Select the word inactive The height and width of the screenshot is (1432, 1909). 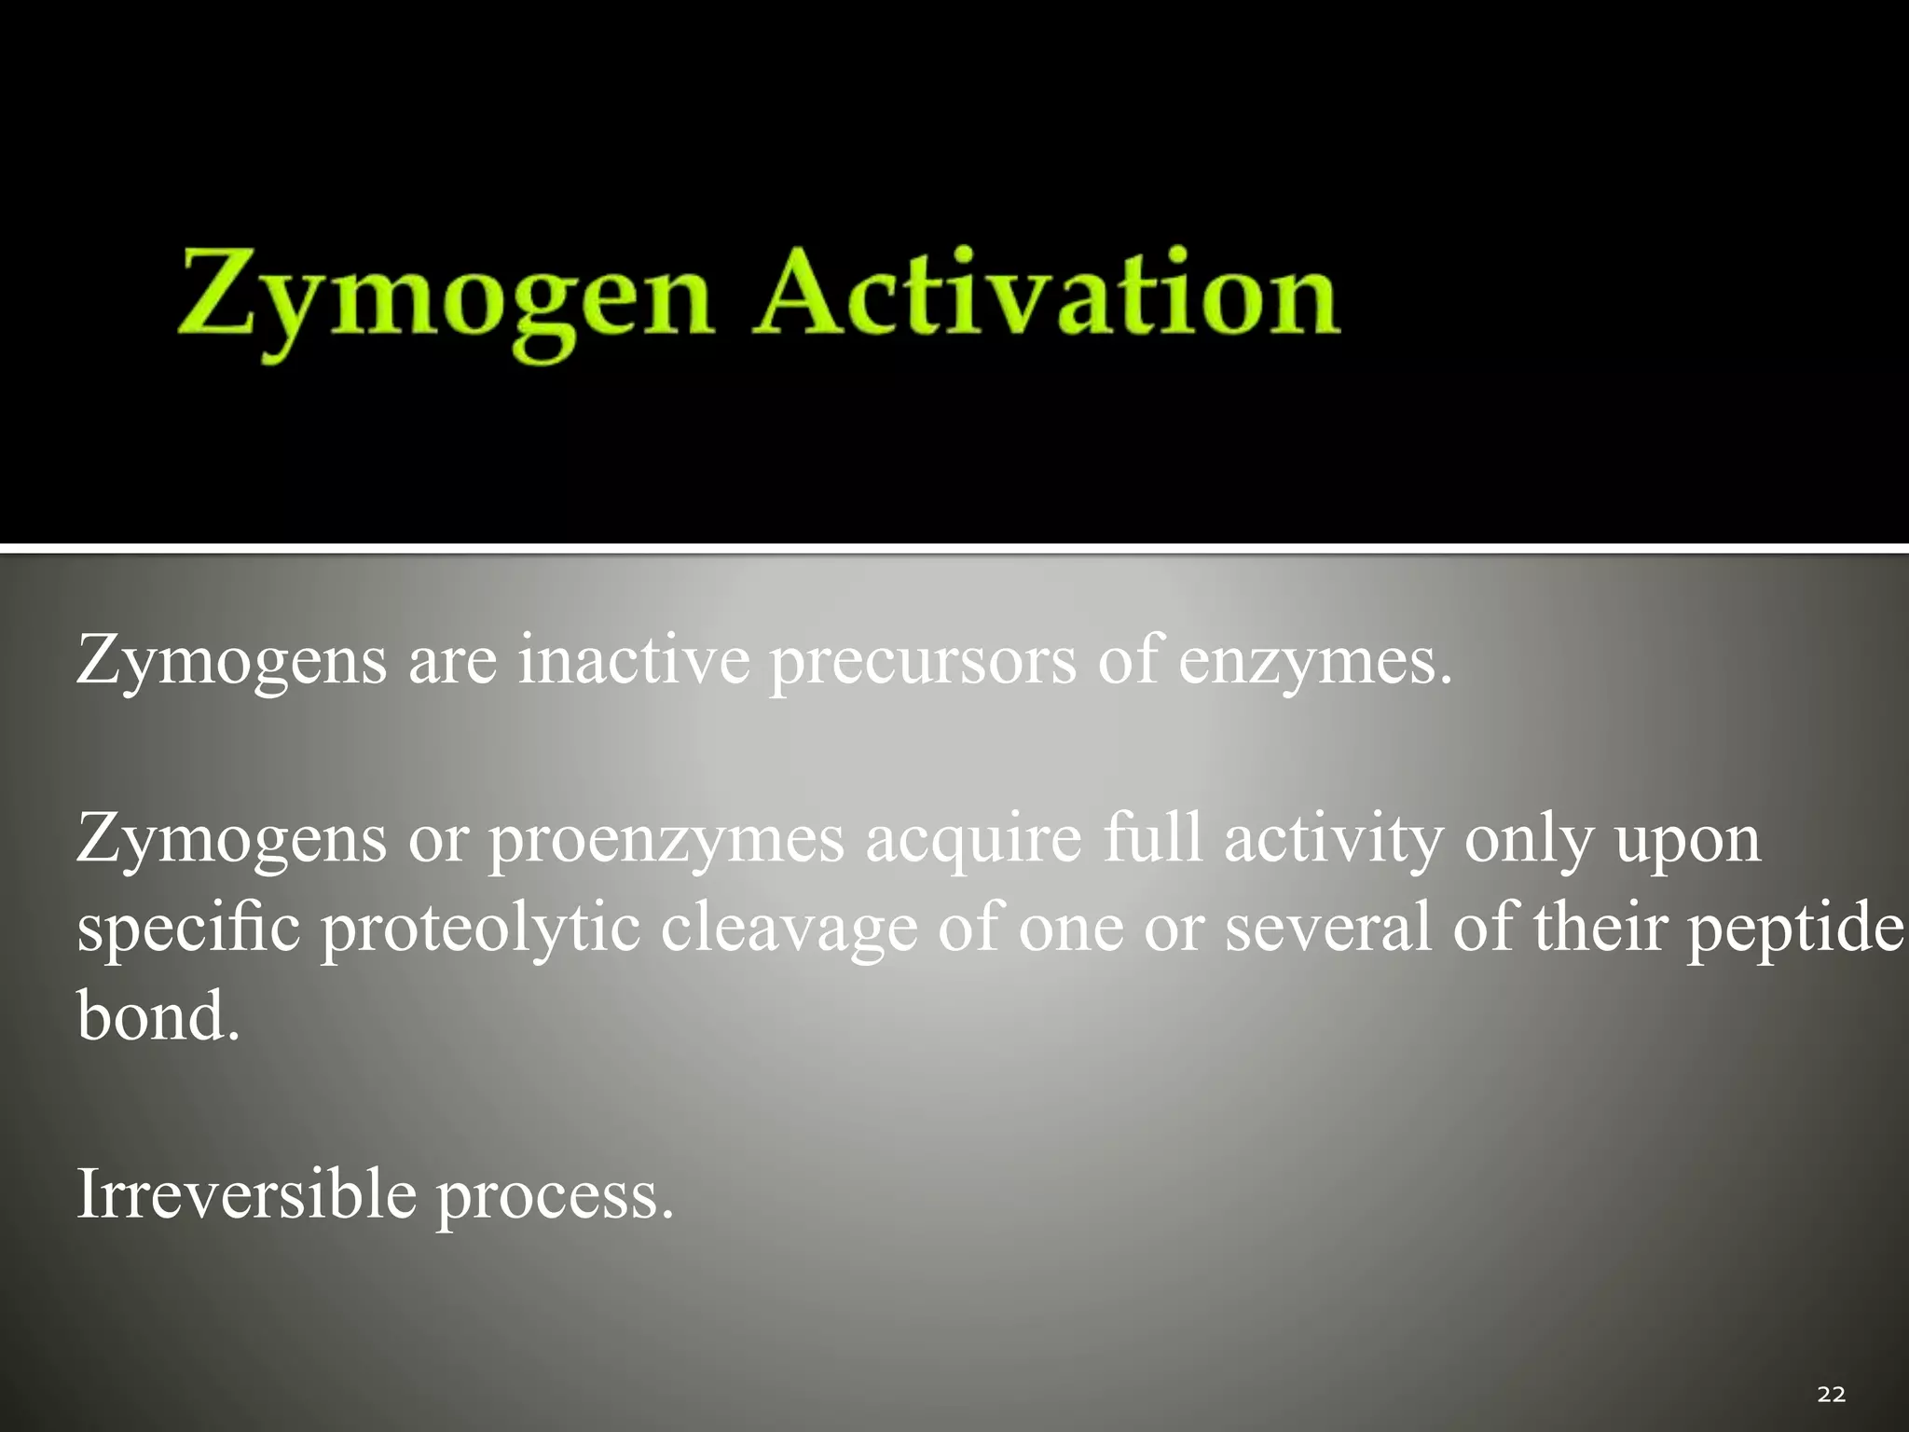pyautogui.click(x=634, y=659)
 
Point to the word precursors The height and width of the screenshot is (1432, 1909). pyautogui.click(x=921, y=661)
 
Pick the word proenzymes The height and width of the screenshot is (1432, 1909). pyautogui.click(x=666, y=840)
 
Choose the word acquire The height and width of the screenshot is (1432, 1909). pyautogui.click(x=973, y=840)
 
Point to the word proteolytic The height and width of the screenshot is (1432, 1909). pyautogui.click(x=480, y=929)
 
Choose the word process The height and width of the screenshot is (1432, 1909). pyautogui.click(x=554, y=1196)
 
